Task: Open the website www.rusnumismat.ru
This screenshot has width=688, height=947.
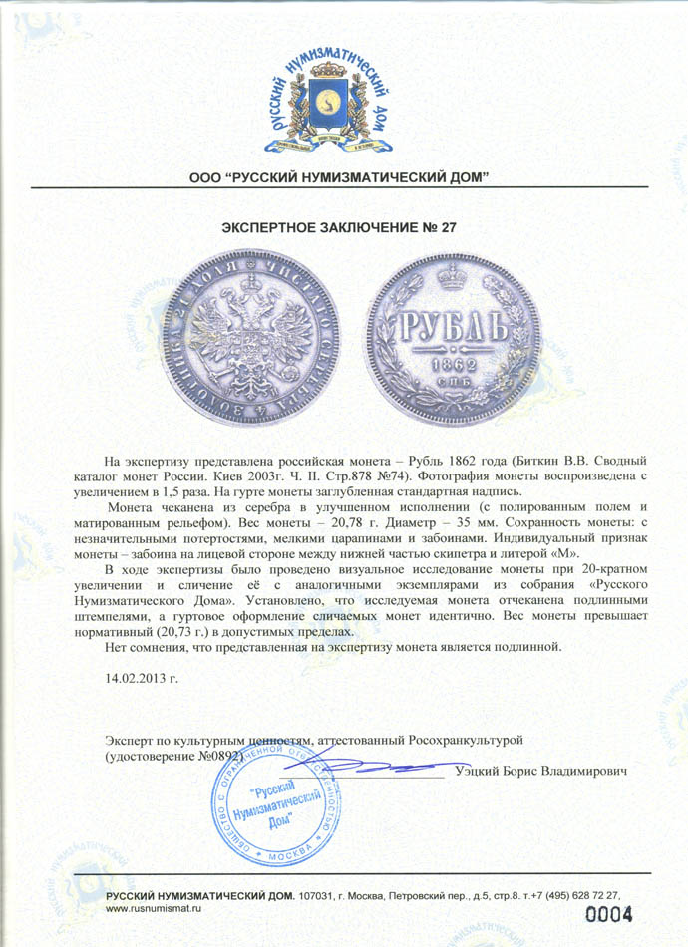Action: pos(155,909)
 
